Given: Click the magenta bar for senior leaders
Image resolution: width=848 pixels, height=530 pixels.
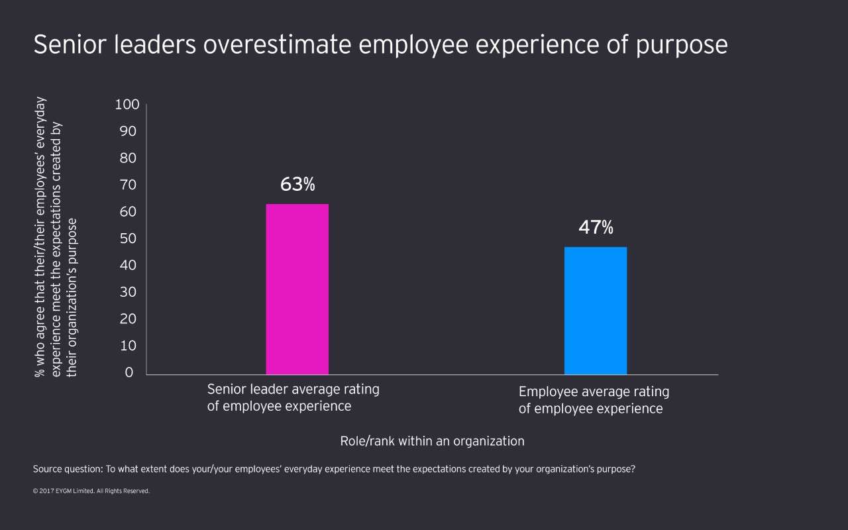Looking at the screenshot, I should coord(297,289).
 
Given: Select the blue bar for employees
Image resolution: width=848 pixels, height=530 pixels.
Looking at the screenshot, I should coord(595,311).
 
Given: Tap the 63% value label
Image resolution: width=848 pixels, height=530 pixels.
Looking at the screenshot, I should coord(297,184).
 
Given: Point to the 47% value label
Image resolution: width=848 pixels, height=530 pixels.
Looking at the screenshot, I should coord(596,228).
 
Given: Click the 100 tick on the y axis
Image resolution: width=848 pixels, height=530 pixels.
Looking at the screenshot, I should coord(127,104).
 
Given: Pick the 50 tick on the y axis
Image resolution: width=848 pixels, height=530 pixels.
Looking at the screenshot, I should coord(128,238).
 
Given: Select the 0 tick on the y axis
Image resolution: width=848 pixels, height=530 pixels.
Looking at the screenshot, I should coord(130,372).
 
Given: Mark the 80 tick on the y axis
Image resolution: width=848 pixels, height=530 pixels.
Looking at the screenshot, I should coord(128,158).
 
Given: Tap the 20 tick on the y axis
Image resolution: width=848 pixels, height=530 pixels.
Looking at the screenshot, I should coord(128,319).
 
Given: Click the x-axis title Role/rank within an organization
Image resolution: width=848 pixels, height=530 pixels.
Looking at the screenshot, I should coord(432,441).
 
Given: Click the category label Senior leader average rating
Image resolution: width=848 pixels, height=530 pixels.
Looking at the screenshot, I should coord(293,390).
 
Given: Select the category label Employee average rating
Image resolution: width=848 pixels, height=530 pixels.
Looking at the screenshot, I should coord(594,392).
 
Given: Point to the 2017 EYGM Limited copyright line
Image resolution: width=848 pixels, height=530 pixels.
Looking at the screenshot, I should coord(91,492).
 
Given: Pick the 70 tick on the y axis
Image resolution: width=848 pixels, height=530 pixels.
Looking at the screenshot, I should coord(128,185).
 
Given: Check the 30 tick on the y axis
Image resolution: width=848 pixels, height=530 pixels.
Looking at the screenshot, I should coord(128,292).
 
